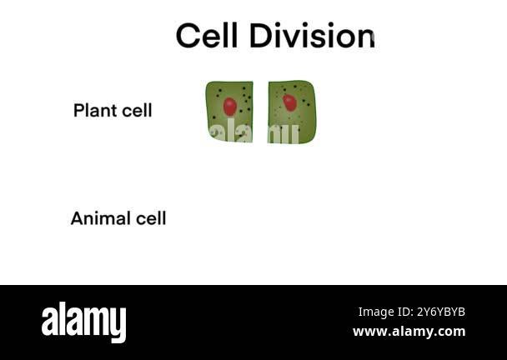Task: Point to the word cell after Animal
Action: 151,218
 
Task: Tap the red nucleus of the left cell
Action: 230,107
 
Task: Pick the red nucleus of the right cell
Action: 289,102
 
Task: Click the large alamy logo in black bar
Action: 83,322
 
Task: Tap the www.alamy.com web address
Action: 409,332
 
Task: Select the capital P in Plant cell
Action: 79,110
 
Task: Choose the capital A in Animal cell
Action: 78,218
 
